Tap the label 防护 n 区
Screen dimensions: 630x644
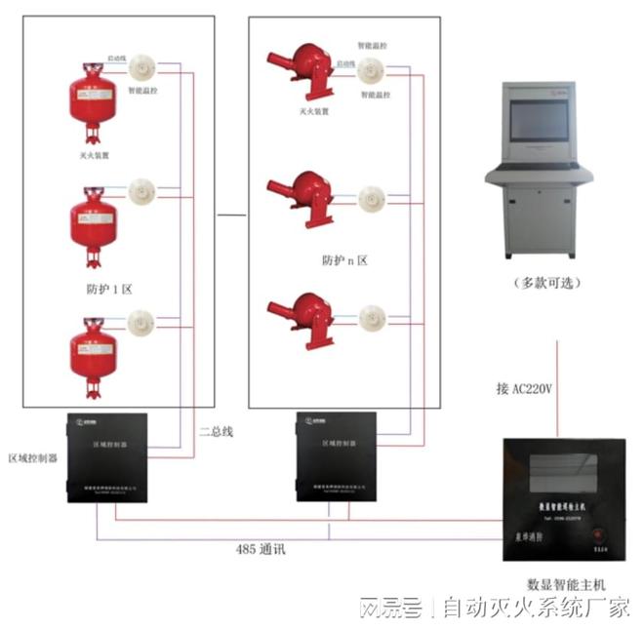click(x=347, y=260)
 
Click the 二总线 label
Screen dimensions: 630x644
click(x=217, y=430)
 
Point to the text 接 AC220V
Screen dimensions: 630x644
click(x=524, y=388)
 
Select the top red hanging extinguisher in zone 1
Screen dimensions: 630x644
click(x=93, y=101)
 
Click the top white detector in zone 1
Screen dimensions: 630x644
click(x=142, y=66)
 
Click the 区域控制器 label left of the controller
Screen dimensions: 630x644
click(x=33, y=457)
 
